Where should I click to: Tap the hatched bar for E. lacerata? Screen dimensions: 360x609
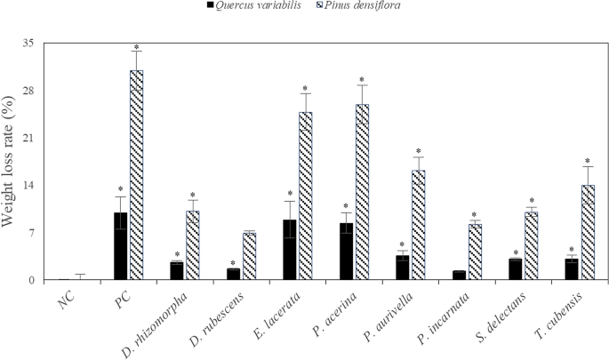click(x=306, y=196)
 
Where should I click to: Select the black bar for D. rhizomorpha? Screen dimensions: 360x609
click(x=177, y=270)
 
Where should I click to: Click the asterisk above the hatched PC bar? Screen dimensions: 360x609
click(x=136, y=48)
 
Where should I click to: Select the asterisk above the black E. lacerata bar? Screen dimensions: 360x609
click(x=290, y=194)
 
